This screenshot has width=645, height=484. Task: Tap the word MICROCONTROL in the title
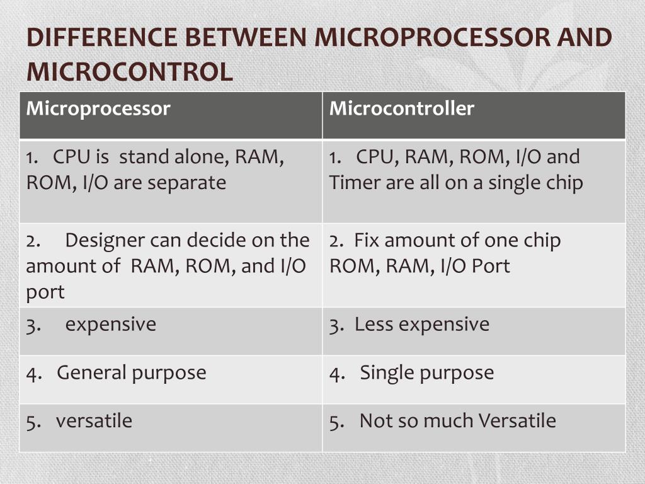pos(129,71)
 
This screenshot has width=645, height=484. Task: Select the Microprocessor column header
pos(98,108)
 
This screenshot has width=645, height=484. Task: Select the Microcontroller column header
pos(401,108)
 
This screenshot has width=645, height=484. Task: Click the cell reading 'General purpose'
pos(131,372)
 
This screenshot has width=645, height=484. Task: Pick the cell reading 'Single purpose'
pos(426,372)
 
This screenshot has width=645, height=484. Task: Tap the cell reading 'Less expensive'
pos(421,324)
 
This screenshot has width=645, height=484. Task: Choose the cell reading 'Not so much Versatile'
pos(457,421)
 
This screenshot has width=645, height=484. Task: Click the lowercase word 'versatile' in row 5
pos(94,421)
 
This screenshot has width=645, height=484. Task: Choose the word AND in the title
pos(585,38)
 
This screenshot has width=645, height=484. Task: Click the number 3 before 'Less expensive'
pos(334,325)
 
